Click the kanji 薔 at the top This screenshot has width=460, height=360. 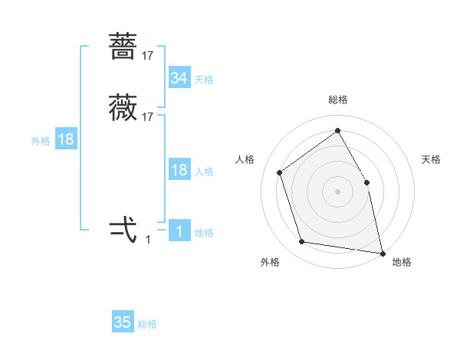pyautogui.click(x=123, y=47)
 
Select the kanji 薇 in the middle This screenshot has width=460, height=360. pyautogui.click(x=123, y=108)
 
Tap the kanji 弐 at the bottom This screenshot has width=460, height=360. pyautogui.click(x=123, y=230)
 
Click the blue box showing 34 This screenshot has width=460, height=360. pyautogui.click(x=179, y=78)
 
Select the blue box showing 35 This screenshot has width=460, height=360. pyautogui.click(x=123, y=322)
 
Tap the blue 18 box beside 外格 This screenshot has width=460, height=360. pyautogui.click(x=66, y=139)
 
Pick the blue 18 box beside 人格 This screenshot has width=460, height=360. pyautogui.click(x=179, y=170)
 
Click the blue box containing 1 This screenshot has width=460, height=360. pyautogui.click(x=179, y=231)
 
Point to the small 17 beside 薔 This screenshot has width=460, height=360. pyautogui.click(x=148, y=56)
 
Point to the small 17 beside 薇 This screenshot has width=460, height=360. pyautogui.click(x=148, y=117)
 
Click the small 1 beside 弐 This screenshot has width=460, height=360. pyautogui.click(x=148, y=240)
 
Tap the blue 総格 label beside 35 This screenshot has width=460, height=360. pyautogui.click(x=148, y=324)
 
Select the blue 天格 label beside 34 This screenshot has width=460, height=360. pyautogui.click(x=204, y=80)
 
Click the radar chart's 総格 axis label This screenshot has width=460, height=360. pyautogui.click(x=338, y=100)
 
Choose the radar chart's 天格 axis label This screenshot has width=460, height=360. pyautogui.click(x=431, y=159)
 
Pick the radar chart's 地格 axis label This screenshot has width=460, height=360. pyautogui.click(x=402, y=262)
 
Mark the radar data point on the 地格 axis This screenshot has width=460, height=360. pyautogui.click(x=381, y=252)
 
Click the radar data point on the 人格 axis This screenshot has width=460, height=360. pyautogui.click(x=280, y=172)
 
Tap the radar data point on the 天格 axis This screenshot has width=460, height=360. pyautogui.click(x=366, y=182)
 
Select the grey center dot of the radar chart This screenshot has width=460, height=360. pyautogui.click(x=337, y=191)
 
